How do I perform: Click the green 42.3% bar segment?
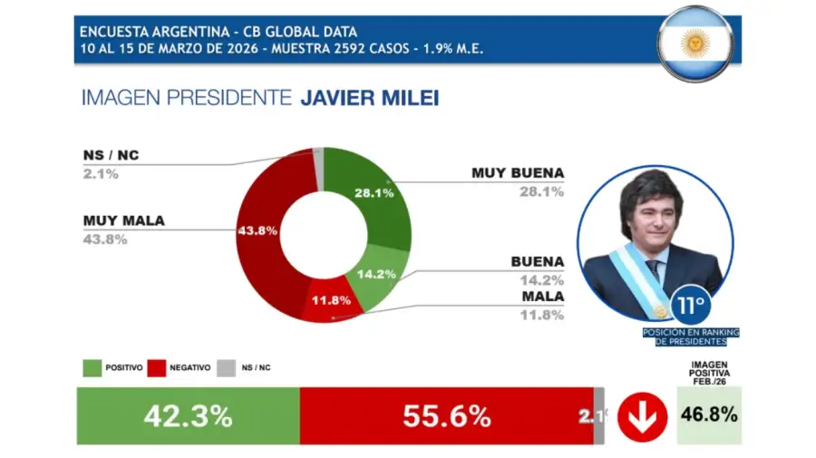188,416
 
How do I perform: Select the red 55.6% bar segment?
446,416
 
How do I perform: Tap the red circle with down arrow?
642,416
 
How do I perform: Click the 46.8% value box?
709,416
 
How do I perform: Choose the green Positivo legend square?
92,367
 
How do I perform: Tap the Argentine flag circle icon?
695,43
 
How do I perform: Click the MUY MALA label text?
123,220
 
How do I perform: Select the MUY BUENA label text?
518,172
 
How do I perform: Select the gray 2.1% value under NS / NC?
100,173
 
